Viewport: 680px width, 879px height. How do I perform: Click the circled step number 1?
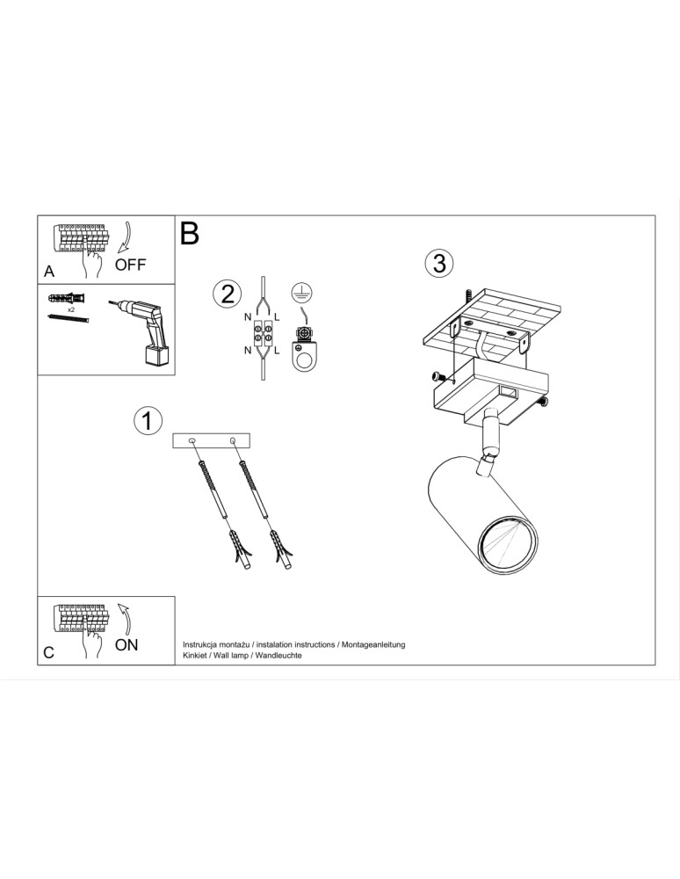pyautogui.click(x=148, y=420)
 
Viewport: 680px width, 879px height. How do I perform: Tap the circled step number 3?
pyautogui.click(x=439, y=263)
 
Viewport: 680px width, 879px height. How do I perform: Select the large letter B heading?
pyautogui.click(x=190, y=233)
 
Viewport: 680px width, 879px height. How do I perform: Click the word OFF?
pyautogui.click(x=131, y=265)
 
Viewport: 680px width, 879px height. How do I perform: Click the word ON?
pyautogui.click(x=127, y=644)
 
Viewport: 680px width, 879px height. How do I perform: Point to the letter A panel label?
pyautogui.click(x=49, y=271)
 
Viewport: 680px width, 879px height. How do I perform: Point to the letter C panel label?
pyautogui.click(x=49, y=652)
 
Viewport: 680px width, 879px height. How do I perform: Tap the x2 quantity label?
pyautogui.click(x=69, y=310)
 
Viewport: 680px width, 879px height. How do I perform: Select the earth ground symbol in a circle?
pyautogui.click(x=304, y=293)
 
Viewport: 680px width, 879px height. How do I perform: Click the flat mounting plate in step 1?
pyautogui.click(x=212, y=439)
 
